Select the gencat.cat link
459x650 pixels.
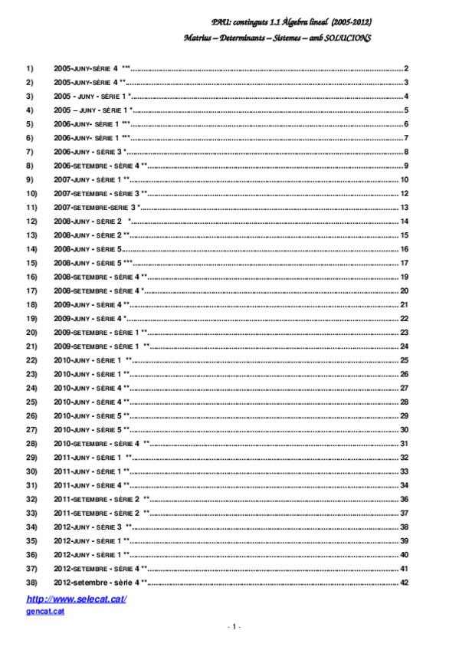(44, 611)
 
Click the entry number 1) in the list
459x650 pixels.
(31, 69)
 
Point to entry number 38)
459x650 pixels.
(32, 583)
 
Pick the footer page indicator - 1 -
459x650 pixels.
(235, 627)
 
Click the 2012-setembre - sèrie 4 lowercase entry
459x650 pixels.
(97, 583)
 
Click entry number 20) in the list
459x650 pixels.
(32, 332)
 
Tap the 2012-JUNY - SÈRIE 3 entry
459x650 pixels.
(88, 527)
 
